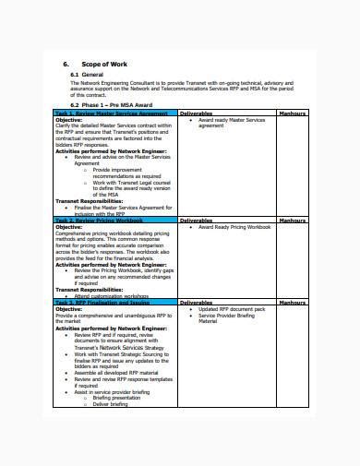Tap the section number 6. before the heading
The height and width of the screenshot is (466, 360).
point(66,64)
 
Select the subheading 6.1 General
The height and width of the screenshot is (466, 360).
point(90,75)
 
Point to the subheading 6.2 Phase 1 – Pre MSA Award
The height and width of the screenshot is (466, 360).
point(114,104)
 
